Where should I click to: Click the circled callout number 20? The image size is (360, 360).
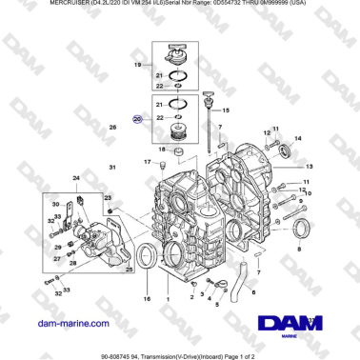pos(137,119)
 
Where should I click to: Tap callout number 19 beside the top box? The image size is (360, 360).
pos(137,65)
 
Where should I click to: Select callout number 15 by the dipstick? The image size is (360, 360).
pos(226,110)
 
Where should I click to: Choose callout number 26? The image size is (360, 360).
pos(112,127)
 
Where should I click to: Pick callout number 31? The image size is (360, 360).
pos(111,168)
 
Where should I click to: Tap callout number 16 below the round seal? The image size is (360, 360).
pos(147,298)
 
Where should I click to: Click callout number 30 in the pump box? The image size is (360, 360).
pos(54,205)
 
